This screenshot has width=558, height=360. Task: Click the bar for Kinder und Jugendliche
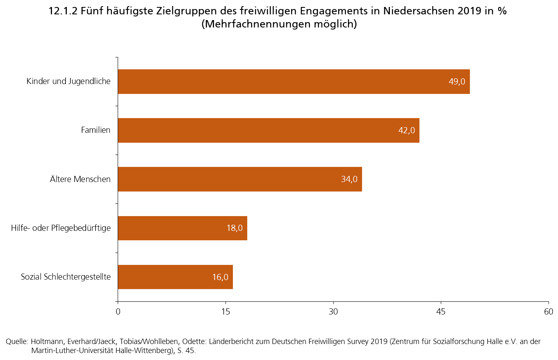click(x=287, y=82)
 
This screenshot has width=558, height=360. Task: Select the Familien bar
click(x=262, y=130)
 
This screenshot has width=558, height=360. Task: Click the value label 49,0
click(x=457, y=82)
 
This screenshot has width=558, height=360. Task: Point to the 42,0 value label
click(x=407, y=130)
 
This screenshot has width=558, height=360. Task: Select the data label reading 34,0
click(x=349, y=179)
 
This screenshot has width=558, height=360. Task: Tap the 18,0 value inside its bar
click(x=235, y=228)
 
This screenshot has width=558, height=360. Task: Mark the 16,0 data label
click(x=220, y=277)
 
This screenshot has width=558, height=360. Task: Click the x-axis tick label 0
click(x=118, y=311)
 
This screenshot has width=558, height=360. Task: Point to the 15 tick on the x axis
click(x=225, y=311)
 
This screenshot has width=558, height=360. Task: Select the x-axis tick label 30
click(x=333, y=311)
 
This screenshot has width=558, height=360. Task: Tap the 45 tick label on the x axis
click(x=441, y=311)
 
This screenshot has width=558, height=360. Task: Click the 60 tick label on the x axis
click(x=549, y=311)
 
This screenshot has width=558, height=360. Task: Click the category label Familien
click(x=96, y=130)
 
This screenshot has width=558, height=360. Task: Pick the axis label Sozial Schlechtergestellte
click(x=66, y=277)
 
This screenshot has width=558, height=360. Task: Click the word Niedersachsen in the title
click(x=415, y=11)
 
